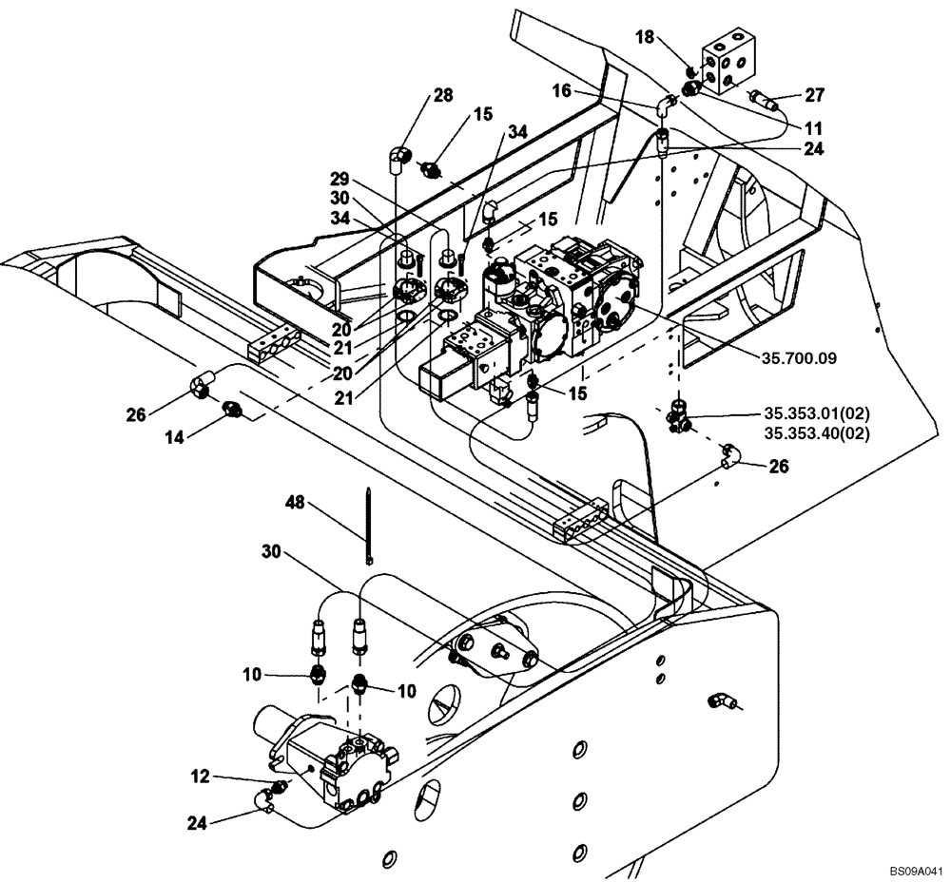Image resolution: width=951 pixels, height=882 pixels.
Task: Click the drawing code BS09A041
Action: point(918,870)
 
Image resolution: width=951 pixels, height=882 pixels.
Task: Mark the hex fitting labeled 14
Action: point(231,410)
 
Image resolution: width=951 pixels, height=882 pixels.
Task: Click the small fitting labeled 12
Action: point(279,787)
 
